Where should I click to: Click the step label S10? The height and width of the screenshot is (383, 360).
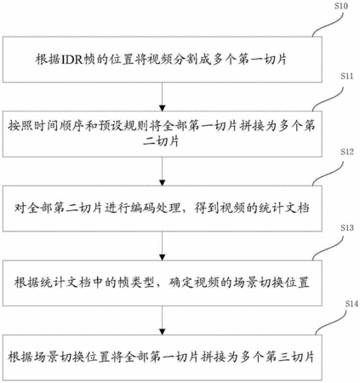pos(340,6)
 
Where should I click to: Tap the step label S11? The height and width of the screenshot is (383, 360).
pos(346,76)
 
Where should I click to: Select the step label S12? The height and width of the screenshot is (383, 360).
pos(347,151)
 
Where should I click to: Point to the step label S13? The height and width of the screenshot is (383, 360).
pos(347,227)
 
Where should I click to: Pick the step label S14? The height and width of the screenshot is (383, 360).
pos(351,304)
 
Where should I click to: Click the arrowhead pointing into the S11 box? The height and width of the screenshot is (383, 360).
pos(162,108)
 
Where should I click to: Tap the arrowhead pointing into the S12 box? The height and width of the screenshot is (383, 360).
pos(162,182)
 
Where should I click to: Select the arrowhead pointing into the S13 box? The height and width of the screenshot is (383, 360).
pos(162,257)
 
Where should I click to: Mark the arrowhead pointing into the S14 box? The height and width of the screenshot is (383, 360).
pos(162,331)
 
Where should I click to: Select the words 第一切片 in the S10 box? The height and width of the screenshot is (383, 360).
pos(262,60)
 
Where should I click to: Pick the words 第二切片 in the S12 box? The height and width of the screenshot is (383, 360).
pos(77,209)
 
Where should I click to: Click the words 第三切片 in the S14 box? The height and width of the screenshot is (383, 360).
pos(290,357)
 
